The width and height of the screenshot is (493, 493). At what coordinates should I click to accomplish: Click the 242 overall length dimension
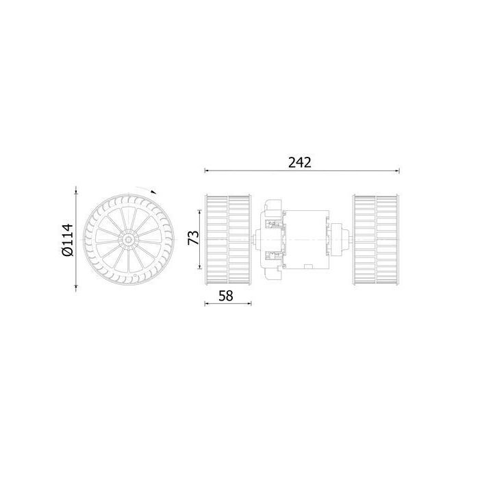[x=300, y=162]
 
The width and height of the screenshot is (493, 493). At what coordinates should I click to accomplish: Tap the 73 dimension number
[x=194, y=238]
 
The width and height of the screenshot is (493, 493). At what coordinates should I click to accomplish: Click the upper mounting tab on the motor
[x=273, y=205]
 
